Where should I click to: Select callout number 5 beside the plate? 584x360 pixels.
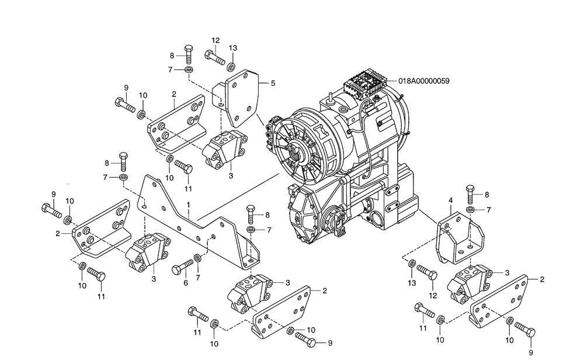tap(272, 84)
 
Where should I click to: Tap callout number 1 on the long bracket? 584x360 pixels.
tap(188, 205)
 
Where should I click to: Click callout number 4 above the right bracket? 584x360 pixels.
tap(450, 200)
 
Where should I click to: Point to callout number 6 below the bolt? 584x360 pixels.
tap(186, 283)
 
